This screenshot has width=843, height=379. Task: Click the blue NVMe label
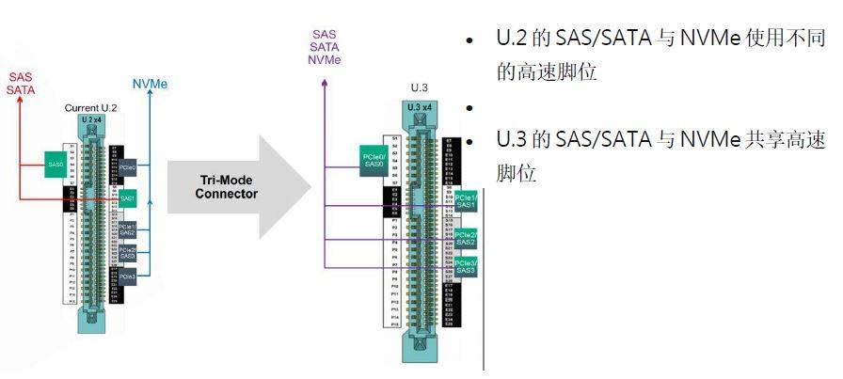151,84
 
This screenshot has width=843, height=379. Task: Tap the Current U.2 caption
90,109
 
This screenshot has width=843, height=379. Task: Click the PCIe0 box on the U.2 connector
128,167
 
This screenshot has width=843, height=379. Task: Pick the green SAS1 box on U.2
128,199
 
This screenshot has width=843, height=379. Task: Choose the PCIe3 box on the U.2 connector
128,277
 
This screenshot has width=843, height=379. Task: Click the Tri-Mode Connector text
226,186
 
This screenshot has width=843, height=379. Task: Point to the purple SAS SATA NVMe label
325,47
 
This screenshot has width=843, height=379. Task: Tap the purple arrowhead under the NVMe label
325,83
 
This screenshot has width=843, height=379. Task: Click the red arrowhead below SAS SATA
21,103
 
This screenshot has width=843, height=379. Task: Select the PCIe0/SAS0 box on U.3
374,159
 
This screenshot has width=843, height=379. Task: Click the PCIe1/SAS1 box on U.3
466,202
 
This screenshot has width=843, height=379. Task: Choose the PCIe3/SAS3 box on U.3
466,267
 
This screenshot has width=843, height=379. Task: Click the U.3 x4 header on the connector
420,107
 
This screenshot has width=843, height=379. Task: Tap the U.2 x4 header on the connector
91,120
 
